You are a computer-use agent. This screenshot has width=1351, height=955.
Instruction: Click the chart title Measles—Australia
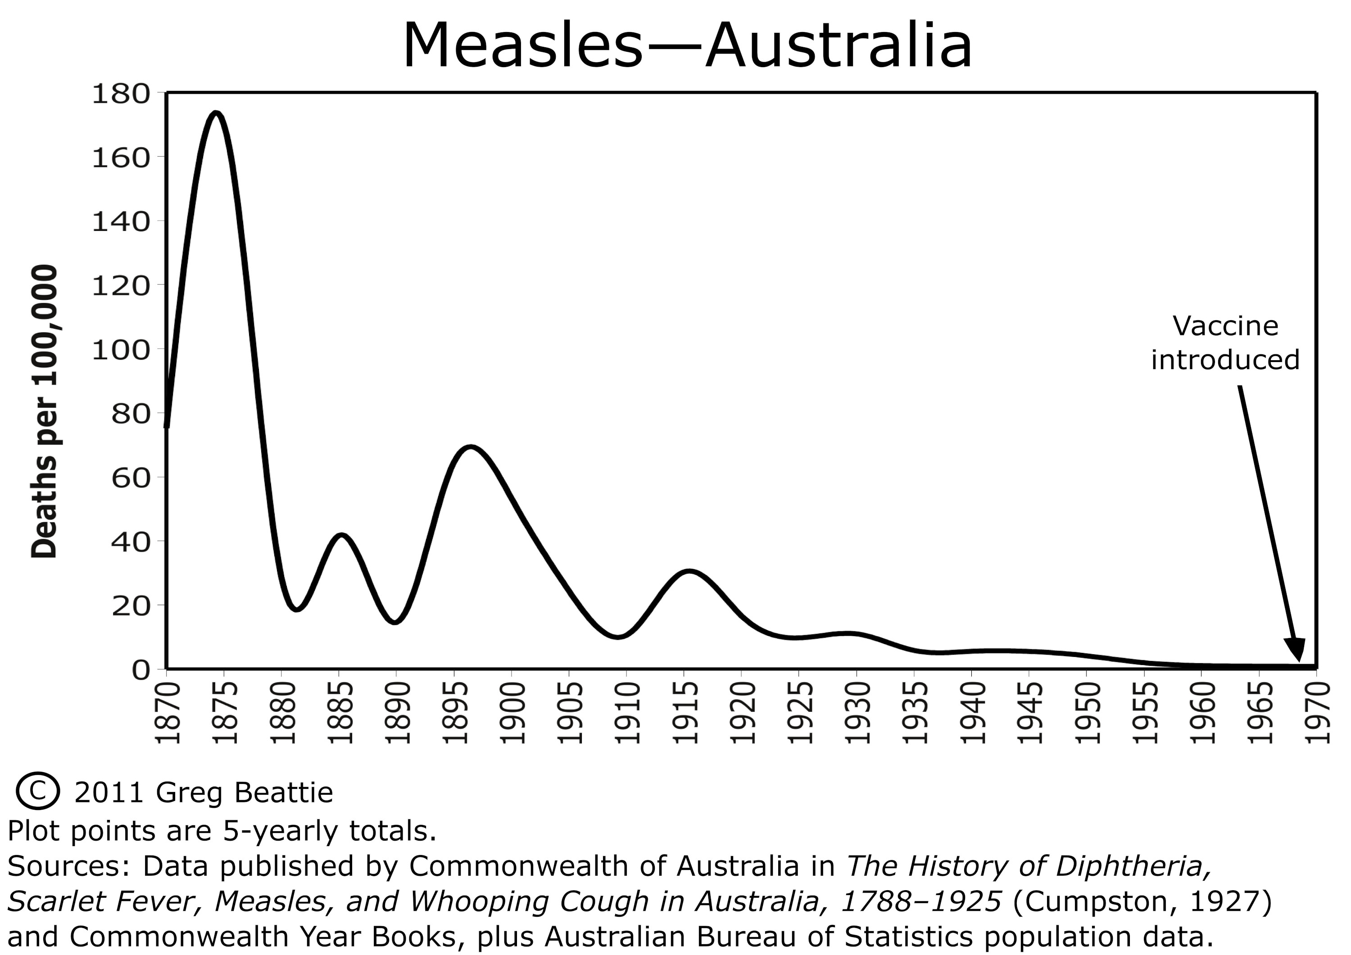687,46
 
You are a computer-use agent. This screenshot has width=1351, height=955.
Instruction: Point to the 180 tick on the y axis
121,94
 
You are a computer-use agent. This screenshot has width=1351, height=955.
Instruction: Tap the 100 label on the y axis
121,350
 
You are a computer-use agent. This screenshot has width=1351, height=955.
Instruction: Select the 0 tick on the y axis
141,670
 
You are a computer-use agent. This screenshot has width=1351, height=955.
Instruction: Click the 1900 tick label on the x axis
512,713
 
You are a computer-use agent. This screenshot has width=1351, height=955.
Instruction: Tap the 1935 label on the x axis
915,713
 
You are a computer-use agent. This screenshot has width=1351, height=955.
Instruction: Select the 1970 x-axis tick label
1318,713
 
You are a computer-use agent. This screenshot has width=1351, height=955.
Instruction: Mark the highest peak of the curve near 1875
217,113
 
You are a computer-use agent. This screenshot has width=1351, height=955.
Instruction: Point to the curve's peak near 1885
342,535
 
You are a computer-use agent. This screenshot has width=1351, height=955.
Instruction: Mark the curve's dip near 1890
395,621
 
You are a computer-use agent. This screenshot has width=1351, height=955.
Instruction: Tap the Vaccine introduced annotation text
1225,343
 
